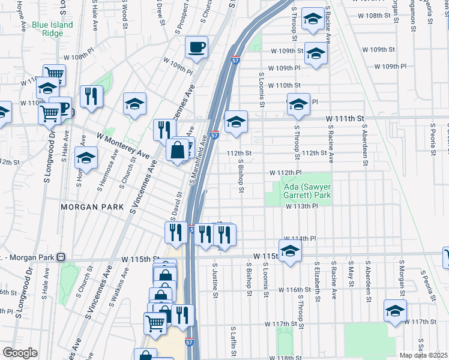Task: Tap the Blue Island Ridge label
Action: point(53,29)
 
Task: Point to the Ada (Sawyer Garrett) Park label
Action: point(307,191)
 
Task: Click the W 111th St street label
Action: point(345,119)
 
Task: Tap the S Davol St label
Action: point(178,202)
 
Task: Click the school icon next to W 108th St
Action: point(313,19)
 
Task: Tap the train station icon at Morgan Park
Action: point(61,257)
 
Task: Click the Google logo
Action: point(20,353)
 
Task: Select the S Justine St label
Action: point(215,279)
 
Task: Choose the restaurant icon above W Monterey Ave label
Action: point(91,95)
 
